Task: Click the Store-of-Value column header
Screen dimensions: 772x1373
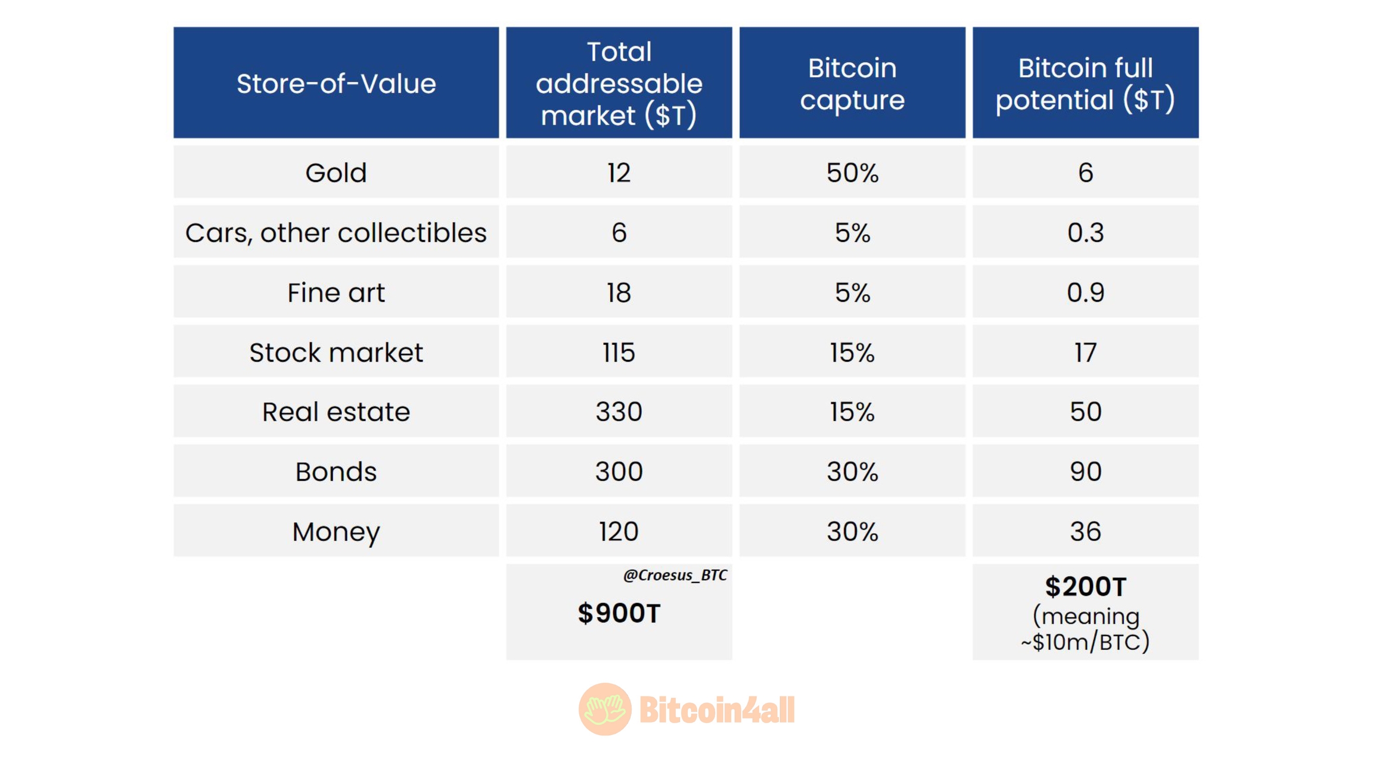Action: point(336,83)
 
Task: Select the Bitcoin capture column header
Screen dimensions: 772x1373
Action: point(852,83)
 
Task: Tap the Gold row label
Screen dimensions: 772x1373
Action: point(336,173)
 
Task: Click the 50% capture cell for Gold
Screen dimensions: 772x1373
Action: point(852,173)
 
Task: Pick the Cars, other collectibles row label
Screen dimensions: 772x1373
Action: point(336,232)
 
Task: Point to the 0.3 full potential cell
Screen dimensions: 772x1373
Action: point(1085,232)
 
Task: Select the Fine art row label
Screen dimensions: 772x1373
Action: point(336,292)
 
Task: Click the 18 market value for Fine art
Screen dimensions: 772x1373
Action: point(619,292)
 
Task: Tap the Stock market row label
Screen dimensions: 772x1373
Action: point(336,352)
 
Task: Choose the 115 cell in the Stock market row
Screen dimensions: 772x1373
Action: point(619,352)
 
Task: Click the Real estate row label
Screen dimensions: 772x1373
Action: point(336,412)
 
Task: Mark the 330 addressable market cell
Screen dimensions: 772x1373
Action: point(619,412)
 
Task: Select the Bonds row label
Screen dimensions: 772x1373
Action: point(336,472)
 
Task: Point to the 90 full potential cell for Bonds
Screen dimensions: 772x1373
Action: point(1085,472)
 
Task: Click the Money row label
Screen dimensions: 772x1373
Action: point(336,531)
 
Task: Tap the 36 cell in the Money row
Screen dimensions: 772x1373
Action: point(1085,531)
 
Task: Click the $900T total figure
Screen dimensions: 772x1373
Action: point(619,613)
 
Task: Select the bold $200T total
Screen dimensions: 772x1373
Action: point(1085,587)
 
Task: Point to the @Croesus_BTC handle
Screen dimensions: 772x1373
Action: point(675,575)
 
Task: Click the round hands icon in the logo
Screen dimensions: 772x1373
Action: point(604,709)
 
